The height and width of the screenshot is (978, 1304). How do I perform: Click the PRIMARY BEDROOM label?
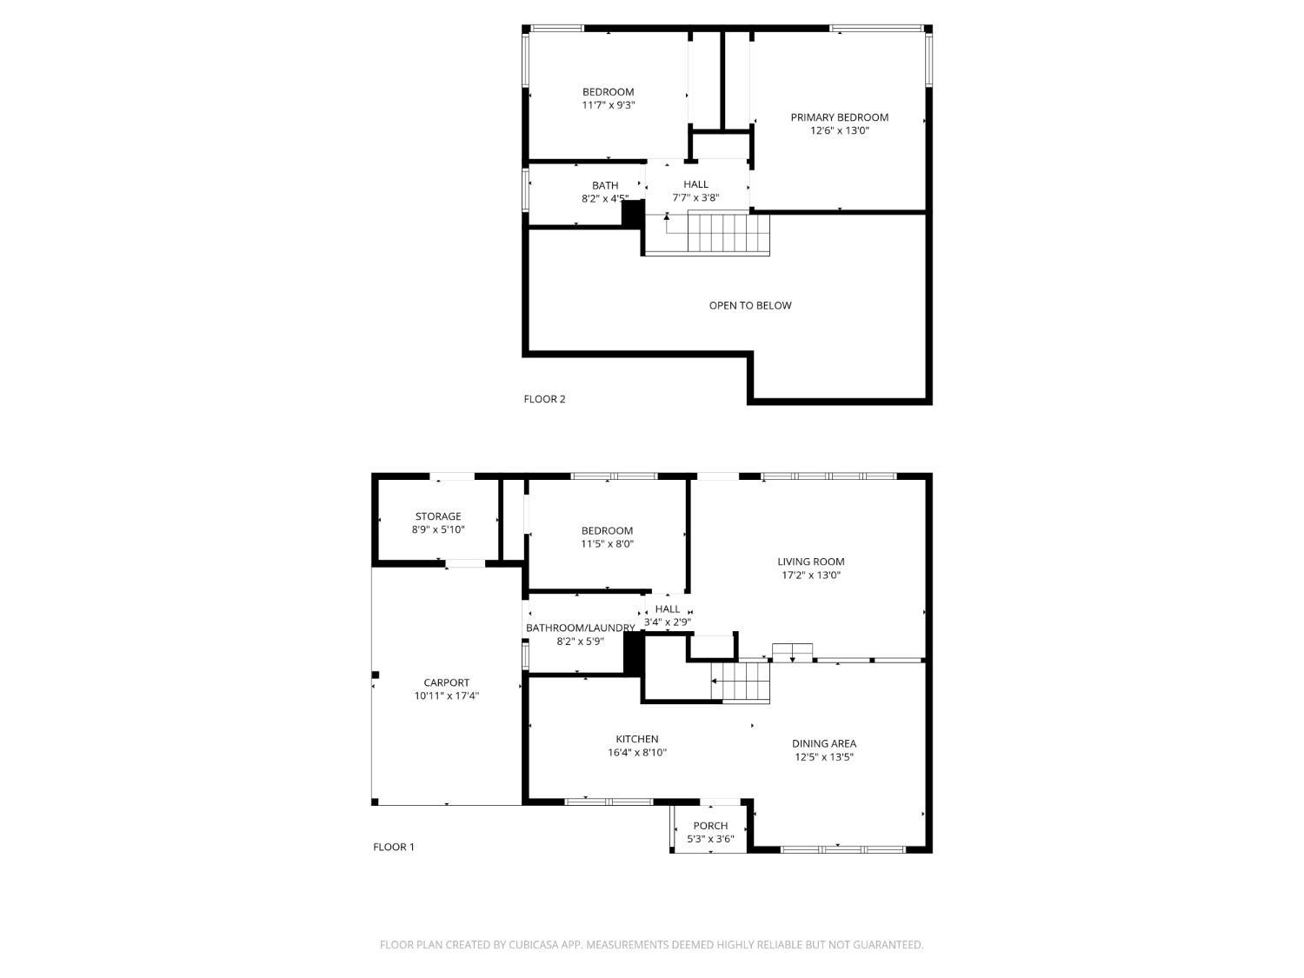click(839, 117)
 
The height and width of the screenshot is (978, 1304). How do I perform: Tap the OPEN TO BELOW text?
click(749, 305)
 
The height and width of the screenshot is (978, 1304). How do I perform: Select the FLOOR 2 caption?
click(544, 399)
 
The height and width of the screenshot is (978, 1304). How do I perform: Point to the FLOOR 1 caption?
click(393, 847)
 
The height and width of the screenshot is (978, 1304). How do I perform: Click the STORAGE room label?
click(438, 516)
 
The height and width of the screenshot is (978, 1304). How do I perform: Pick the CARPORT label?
click(446, 683)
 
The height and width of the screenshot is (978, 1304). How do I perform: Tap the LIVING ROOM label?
click(810, 562)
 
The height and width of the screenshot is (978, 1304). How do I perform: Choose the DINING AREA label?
click(824, 743)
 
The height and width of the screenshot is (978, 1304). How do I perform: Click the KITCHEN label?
click(637, 739)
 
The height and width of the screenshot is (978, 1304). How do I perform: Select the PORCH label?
click(710, 825)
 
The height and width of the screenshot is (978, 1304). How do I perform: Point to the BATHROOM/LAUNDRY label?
click(581, 628)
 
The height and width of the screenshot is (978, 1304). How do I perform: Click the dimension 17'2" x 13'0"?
click(811, 575)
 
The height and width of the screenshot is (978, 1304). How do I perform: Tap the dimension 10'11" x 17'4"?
click(446, 696)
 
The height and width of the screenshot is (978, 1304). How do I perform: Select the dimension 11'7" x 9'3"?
click(609, 105)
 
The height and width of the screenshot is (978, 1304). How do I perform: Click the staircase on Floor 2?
click(729, 233)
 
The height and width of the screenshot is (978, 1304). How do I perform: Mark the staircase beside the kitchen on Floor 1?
click(740, 682)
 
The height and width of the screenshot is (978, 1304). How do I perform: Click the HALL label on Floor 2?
click(695, 184)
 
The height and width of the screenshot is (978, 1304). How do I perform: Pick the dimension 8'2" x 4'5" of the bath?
click(605, 199)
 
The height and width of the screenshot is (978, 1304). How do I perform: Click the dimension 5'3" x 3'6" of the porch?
click(710, 839)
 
